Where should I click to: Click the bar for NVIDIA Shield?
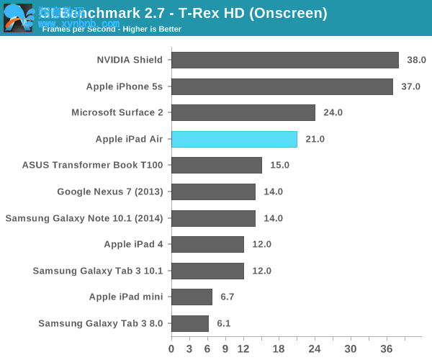(284, 60)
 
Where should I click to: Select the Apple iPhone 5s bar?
(282, 86)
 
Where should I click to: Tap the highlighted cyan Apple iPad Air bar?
(234, 139)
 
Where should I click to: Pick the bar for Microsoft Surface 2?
(243, 112)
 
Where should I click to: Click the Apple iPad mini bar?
(192, 297)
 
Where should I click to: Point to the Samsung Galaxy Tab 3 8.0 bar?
(189, 323)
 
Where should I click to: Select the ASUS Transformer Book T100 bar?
(216, 165)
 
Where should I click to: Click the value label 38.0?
(416, 60)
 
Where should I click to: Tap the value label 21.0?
(315, 139)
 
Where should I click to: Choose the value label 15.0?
(279, 165)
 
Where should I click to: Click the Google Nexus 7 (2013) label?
(109, 192)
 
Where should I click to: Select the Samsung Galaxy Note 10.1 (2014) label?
(84, 218)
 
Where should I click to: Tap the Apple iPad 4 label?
(133, 244)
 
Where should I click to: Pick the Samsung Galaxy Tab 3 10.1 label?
(97, 271)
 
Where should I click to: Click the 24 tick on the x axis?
(315, 349)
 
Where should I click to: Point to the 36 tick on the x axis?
(387, 349)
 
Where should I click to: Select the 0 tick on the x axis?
(171, 349)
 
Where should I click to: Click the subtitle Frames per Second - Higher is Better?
(112, 30)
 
